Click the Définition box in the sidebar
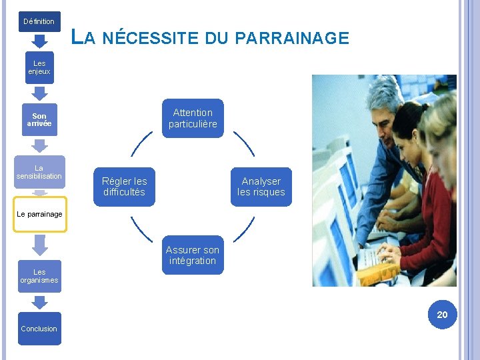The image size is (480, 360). (39, 21)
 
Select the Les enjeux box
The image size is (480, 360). (39, 67)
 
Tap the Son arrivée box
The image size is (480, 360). (39, 120)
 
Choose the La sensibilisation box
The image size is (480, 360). (39, 172)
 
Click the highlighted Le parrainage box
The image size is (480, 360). (39, 214)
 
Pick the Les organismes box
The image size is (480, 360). (39, 276)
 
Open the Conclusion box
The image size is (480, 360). (39, 329)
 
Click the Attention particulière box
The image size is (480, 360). (193, 118)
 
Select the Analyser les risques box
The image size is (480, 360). (261, 187)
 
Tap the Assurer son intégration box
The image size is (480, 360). (193, 255)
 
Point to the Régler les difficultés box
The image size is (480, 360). (125, 187)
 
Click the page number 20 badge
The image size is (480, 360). (442, 315)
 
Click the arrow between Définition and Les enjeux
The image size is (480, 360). (39, 42)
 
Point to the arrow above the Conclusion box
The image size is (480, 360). (39, 302)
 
